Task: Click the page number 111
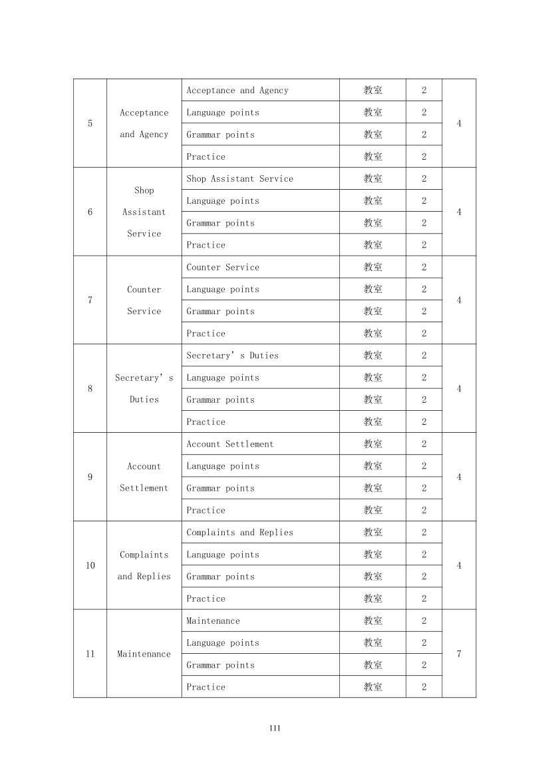275,728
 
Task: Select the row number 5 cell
90,123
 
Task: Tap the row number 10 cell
90,565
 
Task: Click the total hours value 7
459,654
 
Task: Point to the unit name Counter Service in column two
144,300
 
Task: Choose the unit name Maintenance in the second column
144,654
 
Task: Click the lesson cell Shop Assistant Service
239,178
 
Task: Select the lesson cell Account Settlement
229,444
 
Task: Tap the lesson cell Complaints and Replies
239,533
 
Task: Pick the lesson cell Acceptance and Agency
237,91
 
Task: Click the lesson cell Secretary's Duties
232,356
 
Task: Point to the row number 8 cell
90,389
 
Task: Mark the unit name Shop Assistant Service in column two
144,212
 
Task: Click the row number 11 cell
90,654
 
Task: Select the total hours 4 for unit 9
459,477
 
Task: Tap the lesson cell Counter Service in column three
223,267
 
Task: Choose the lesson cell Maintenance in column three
213,621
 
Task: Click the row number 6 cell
90,212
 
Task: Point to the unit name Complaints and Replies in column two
144,565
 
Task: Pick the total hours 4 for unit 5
459,123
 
